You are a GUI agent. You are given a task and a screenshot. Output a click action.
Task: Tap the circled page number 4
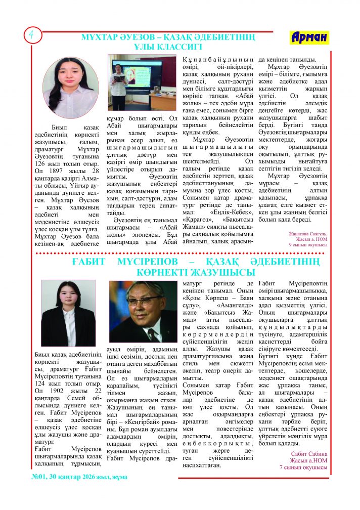(30, 35)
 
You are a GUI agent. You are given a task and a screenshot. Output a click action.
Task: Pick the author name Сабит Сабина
(306, 453)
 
